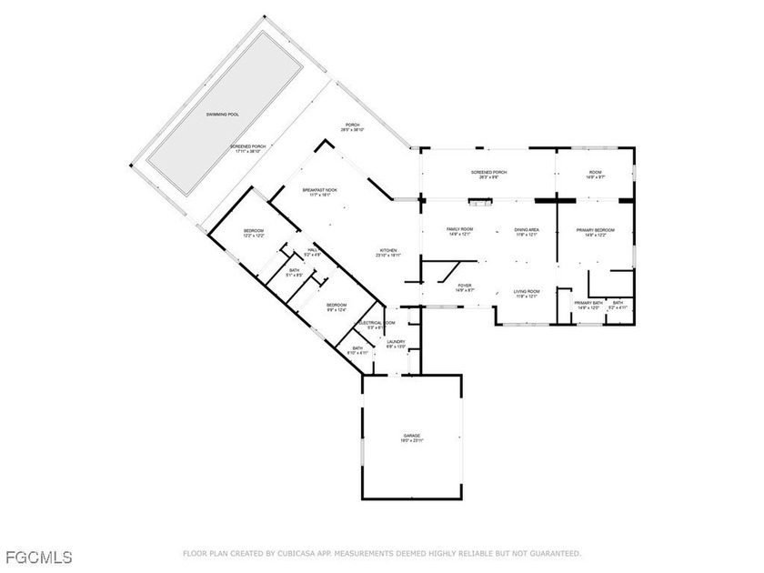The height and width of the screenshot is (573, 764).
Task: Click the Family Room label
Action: (459, 229)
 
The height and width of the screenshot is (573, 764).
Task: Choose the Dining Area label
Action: (527, 229)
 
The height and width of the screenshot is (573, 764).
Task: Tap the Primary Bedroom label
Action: (596, 230)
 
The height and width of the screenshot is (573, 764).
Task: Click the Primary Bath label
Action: (588, 303)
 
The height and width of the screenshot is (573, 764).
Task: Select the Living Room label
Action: (528, 291)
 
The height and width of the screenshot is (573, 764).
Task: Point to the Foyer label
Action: (464, 286)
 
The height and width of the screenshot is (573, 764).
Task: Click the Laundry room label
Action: (396, 342)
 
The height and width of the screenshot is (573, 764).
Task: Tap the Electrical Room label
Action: (376, 323)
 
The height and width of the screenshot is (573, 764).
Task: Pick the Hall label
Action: (312, 250)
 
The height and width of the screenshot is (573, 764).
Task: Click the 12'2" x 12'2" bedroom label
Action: (253, 231)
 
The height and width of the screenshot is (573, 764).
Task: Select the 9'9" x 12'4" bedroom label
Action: (337, 305)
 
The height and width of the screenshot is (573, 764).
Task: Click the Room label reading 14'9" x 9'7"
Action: (596, 173)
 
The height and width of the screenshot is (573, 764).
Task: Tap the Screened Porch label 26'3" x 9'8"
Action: (488, 173)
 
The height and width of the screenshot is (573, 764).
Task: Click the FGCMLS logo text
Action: (38, 555)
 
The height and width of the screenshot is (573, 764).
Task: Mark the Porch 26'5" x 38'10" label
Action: (352, 126)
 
